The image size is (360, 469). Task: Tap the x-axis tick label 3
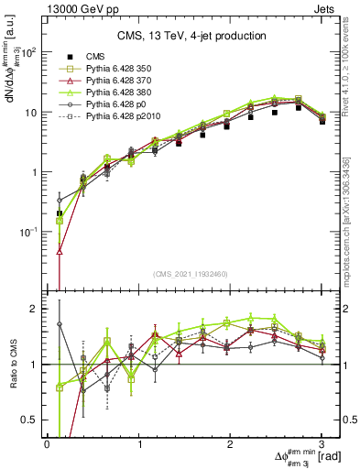point(322,442)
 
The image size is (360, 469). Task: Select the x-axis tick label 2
point(230,442)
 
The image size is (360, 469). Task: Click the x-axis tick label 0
point(47,442)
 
